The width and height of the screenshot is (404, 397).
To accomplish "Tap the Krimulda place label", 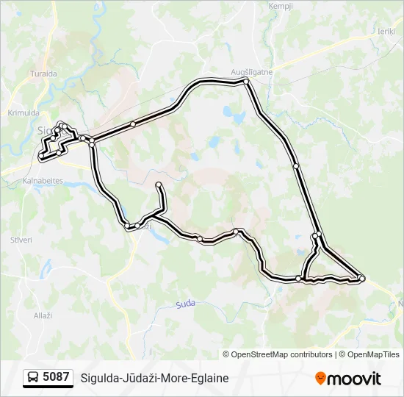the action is click(23, 112).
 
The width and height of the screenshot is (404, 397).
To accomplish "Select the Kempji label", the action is click(281, 6).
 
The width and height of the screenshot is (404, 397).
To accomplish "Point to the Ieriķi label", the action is click(386, 31).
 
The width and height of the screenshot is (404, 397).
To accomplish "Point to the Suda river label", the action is click(185, 304).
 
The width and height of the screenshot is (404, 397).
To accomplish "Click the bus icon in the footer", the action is click(33, 378).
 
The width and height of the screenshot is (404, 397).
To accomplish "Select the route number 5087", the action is click(57, 378).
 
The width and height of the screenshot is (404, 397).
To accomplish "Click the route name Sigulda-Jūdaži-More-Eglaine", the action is click(154, 378).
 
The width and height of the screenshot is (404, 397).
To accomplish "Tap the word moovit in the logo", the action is click(355, 379).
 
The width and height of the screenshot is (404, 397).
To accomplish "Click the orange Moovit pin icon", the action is click(320, 379).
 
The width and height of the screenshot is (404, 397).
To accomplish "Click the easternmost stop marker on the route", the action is click(361, 278).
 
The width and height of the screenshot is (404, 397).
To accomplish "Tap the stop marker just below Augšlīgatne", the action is click(247, 82).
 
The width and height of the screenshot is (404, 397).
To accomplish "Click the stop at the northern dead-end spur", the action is click(159, 184).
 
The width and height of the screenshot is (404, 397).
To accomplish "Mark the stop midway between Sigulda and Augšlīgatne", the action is click(133, 124).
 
